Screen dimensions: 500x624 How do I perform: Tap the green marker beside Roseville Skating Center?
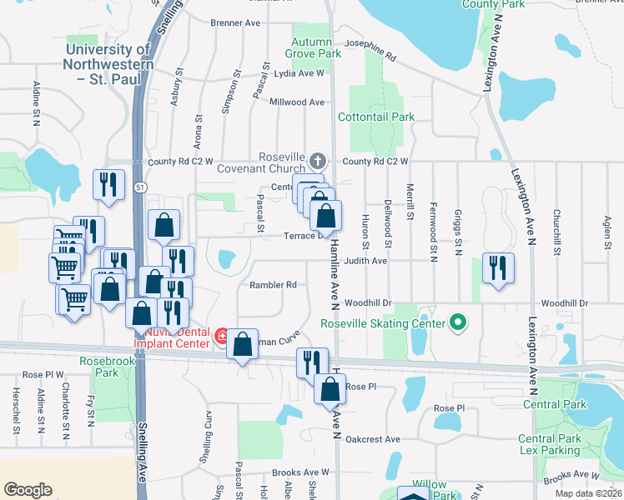point(457,322)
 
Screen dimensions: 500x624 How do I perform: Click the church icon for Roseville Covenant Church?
point(317,160)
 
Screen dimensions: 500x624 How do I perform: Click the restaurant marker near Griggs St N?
point(498,268)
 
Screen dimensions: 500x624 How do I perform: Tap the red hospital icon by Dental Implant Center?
point(222,337)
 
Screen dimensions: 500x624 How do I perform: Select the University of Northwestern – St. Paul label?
point(108,57)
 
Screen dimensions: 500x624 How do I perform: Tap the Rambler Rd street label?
point(274,285)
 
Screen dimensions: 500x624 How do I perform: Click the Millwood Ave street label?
point(297,102)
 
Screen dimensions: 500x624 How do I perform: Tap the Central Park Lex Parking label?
point(548,444)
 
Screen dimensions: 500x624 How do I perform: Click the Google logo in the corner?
point(28,490)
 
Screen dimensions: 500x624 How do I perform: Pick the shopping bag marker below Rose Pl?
point(330,388)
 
